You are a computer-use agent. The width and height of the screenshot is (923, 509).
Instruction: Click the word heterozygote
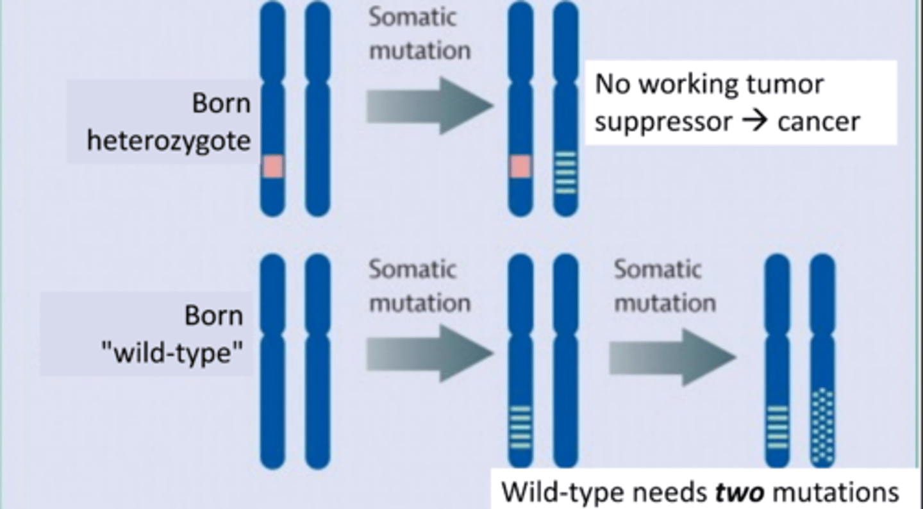click(169, 141)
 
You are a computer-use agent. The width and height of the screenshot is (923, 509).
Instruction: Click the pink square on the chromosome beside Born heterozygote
click(272, 167)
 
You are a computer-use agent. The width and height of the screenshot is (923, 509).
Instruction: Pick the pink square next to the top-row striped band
click(520, 167)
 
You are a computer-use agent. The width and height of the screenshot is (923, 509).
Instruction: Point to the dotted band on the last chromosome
click(822, 426)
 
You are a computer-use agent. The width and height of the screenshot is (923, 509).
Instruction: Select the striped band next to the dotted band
click(777, 426)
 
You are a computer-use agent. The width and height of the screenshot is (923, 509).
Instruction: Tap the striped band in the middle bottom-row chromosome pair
click(520, 426)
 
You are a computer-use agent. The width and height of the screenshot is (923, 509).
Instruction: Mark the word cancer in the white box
click(819, 121)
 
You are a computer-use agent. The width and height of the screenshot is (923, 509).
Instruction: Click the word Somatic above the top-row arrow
click(412, 17)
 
